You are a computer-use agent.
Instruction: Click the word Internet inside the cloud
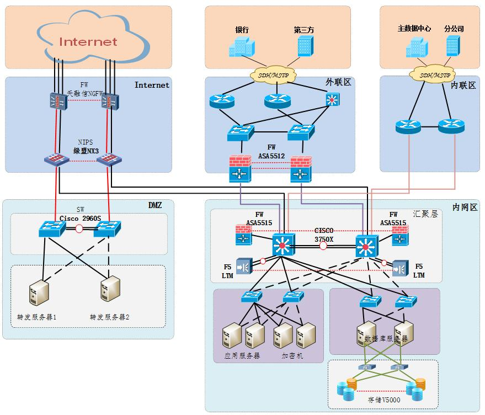(88, 41)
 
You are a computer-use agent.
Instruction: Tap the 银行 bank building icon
(241, 47)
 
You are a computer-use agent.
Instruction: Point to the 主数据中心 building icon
(414, 46)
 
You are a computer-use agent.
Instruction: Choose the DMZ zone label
(155, 205)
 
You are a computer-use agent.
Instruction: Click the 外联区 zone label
(338, 82)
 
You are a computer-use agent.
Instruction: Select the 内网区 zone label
(465, 207)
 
